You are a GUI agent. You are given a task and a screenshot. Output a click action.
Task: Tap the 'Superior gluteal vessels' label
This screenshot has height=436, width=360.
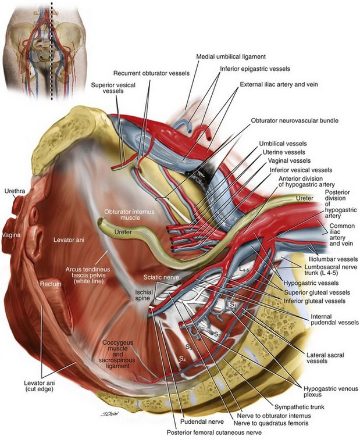point(315,292)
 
